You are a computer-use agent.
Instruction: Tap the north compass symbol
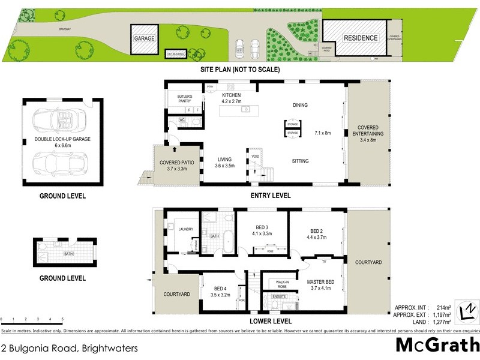466,310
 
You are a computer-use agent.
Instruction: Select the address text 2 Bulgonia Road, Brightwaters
70,348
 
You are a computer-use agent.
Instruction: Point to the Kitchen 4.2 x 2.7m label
232,99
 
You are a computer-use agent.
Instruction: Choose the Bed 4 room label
221,292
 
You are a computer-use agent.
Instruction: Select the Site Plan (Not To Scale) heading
240,70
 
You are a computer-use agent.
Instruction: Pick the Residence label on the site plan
361,38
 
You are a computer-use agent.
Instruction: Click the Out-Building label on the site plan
175,54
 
